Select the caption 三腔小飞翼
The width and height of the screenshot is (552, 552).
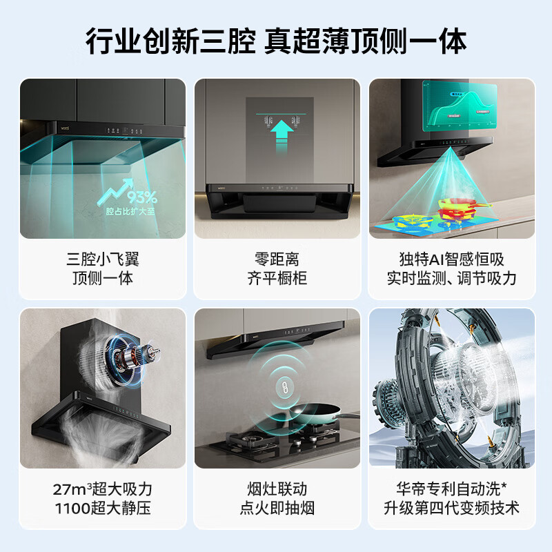(x=103, y=260)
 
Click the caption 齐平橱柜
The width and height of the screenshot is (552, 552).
(x=277, y=279)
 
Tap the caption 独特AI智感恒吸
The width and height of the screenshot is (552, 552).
(x=451, y=260)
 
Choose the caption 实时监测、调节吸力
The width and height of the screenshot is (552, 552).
(x=451, y=279)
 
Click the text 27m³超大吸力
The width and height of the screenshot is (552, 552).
(x=103, y=490)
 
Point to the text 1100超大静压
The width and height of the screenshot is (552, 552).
(x=103, y=509)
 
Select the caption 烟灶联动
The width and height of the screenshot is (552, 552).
(x=277, y=490)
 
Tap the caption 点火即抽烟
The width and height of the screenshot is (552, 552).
(x=277, y=509)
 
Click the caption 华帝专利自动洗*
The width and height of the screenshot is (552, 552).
(x=451, y=490)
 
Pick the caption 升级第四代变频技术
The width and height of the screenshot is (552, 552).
(x=451, y=509)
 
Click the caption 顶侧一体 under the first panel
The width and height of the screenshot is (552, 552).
(x=103, y=279)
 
